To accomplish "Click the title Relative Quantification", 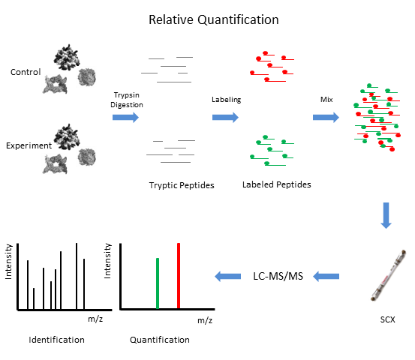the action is pyautogui.click(x=214, y=19).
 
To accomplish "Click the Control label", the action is pyautogui.click(x=26, y=72).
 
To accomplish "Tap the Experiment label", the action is pyautogui.click(x=29, y=145).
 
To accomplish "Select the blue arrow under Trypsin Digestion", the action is pyautogui.click(x=125, y=117).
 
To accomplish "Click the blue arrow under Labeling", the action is pyautogui.click(x=225, y=117).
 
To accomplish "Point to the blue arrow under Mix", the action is pyautogui.click(x=326, y=117).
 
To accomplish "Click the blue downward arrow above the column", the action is pyautogui.click(x=386, y=215).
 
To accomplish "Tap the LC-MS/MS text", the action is pyautogui.click(x=278, y=276).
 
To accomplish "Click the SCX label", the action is pyautogui.click(x=387, y=319).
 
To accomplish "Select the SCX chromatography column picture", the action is pyautogui.click(x=389, y=275).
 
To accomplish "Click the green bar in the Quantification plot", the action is pyautogui.click(x=158, y=283).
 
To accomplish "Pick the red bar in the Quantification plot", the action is pyautogui.click(x=179, y=276).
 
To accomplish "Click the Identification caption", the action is pyautogui.click(x=56, y=340).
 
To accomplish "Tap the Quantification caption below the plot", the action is pyautogui.click(x=160, y=340).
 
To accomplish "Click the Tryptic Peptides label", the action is pyautogui.click(x=182, y=185).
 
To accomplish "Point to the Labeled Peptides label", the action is pyautogui.click(x=277, y=184).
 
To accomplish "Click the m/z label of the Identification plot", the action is pyautogui.click(x=95, y=319).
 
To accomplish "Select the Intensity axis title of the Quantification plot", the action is pyautogui.click(x=107, y=261).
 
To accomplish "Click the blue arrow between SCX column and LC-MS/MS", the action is pyautogui.click(x=326, y=277).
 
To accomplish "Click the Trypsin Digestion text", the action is pyautogui.click(x=127, y=100).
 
